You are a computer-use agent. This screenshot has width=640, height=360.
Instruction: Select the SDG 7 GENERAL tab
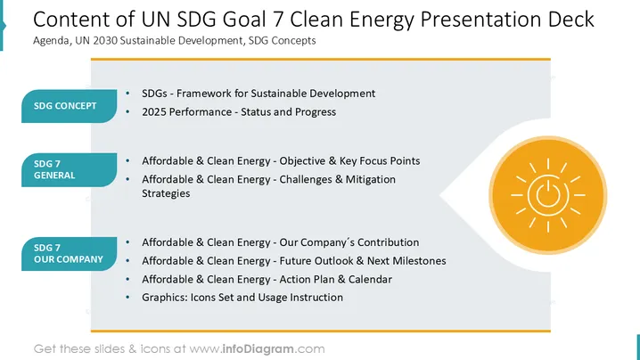pos(69,170)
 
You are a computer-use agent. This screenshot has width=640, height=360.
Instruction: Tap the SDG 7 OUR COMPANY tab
pos(69,253)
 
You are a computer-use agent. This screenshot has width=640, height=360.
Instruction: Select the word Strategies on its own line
pos(166,193)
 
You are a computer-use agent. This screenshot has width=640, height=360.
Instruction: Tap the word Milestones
pos(419,261)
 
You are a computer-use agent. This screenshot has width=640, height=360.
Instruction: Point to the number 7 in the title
pos(278,20)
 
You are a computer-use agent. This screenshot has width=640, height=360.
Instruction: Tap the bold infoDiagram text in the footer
pos(258,349)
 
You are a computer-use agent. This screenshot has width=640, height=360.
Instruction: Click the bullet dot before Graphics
pos(127,298)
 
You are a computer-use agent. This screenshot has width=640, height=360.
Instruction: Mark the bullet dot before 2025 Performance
pos(127,112)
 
